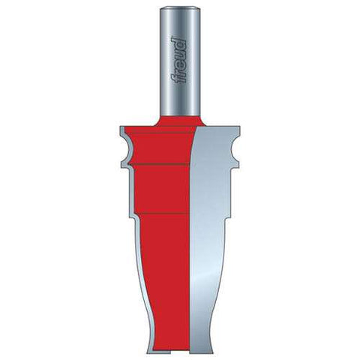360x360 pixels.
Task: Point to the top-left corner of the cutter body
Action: coord(120,127)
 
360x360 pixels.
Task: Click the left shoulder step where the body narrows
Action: coord(133,218)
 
